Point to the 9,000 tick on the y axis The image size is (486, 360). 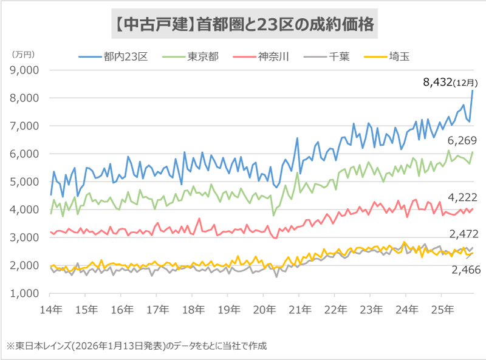point(26,70)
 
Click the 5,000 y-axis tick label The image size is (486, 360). point(26,182)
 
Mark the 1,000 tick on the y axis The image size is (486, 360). point(26,293)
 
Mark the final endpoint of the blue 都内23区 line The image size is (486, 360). point(473,90)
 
